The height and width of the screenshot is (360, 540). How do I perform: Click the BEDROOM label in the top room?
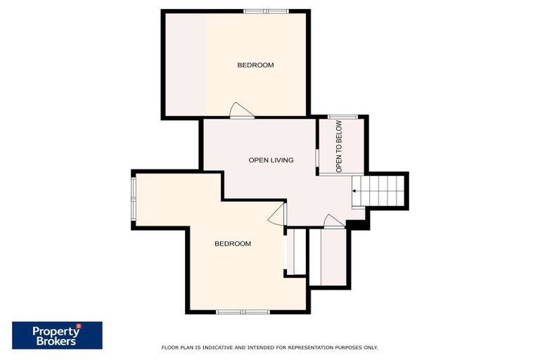click(x=255, y=65)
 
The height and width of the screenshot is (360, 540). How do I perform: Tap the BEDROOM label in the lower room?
click(x=233, y=244)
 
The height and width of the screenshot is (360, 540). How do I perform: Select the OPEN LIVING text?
click(x=271, y=160)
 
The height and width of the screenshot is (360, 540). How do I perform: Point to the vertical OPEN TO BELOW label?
click(x=339, y=146)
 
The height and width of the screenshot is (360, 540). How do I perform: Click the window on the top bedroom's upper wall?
click(x=266, y=11)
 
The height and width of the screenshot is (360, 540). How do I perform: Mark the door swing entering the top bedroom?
click(x=241, y=110)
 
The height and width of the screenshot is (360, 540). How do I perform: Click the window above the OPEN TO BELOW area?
click(x=342, y=117)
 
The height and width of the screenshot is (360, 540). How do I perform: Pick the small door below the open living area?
click(x=333, y=222)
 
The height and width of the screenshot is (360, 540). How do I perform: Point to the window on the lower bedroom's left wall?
click(x=133, y=199)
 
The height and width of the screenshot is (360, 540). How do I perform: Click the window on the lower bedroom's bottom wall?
click(x=241, y=311)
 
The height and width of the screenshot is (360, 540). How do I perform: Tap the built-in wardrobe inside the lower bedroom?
click(x=295, y=252)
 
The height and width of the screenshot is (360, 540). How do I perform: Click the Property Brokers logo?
click(x=57, y=335)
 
